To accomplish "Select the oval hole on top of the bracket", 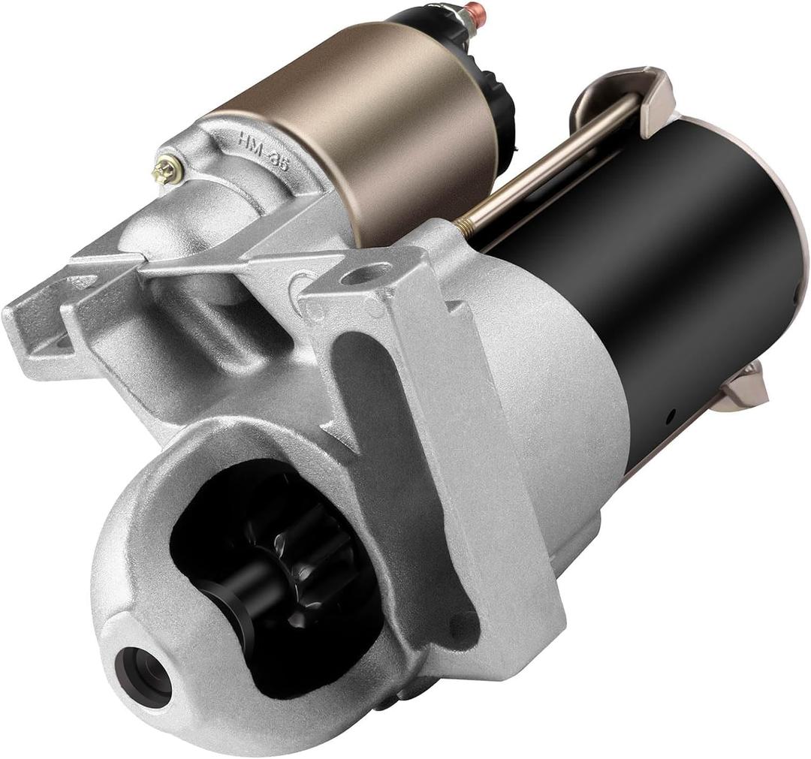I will pos(366,275).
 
